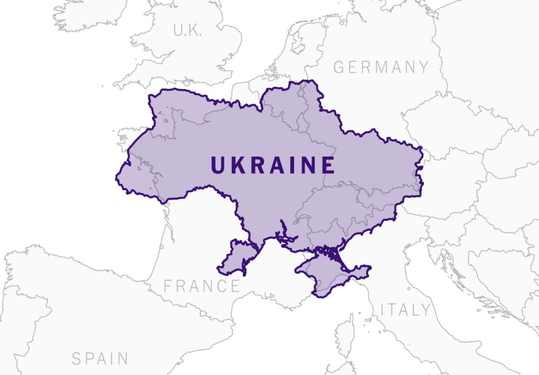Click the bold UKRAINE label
coord(273,165)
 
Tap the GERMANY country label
coord(381,67)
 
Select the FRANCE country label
coord(201,286)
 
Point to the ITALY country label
coord(405,309)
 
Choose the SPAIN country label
coord(100,359)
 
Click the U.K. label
coord(187,30)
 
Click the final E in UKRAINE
coord(328,165)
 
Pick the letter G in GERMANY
coord(339,67)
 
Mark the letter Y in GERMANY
coord(423,67)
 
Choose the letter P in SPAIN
coord(90,359)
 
